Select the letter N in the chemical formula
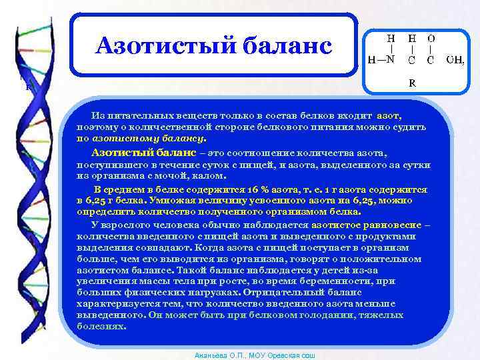click(x=391, y=61)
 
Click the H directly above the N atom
click(x=391, y=39)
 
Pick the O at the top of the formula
click(x=431, y=39)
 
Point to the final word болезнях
click(x=101, y=327)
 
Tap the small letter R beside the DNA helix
click(x=28, y=86)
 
